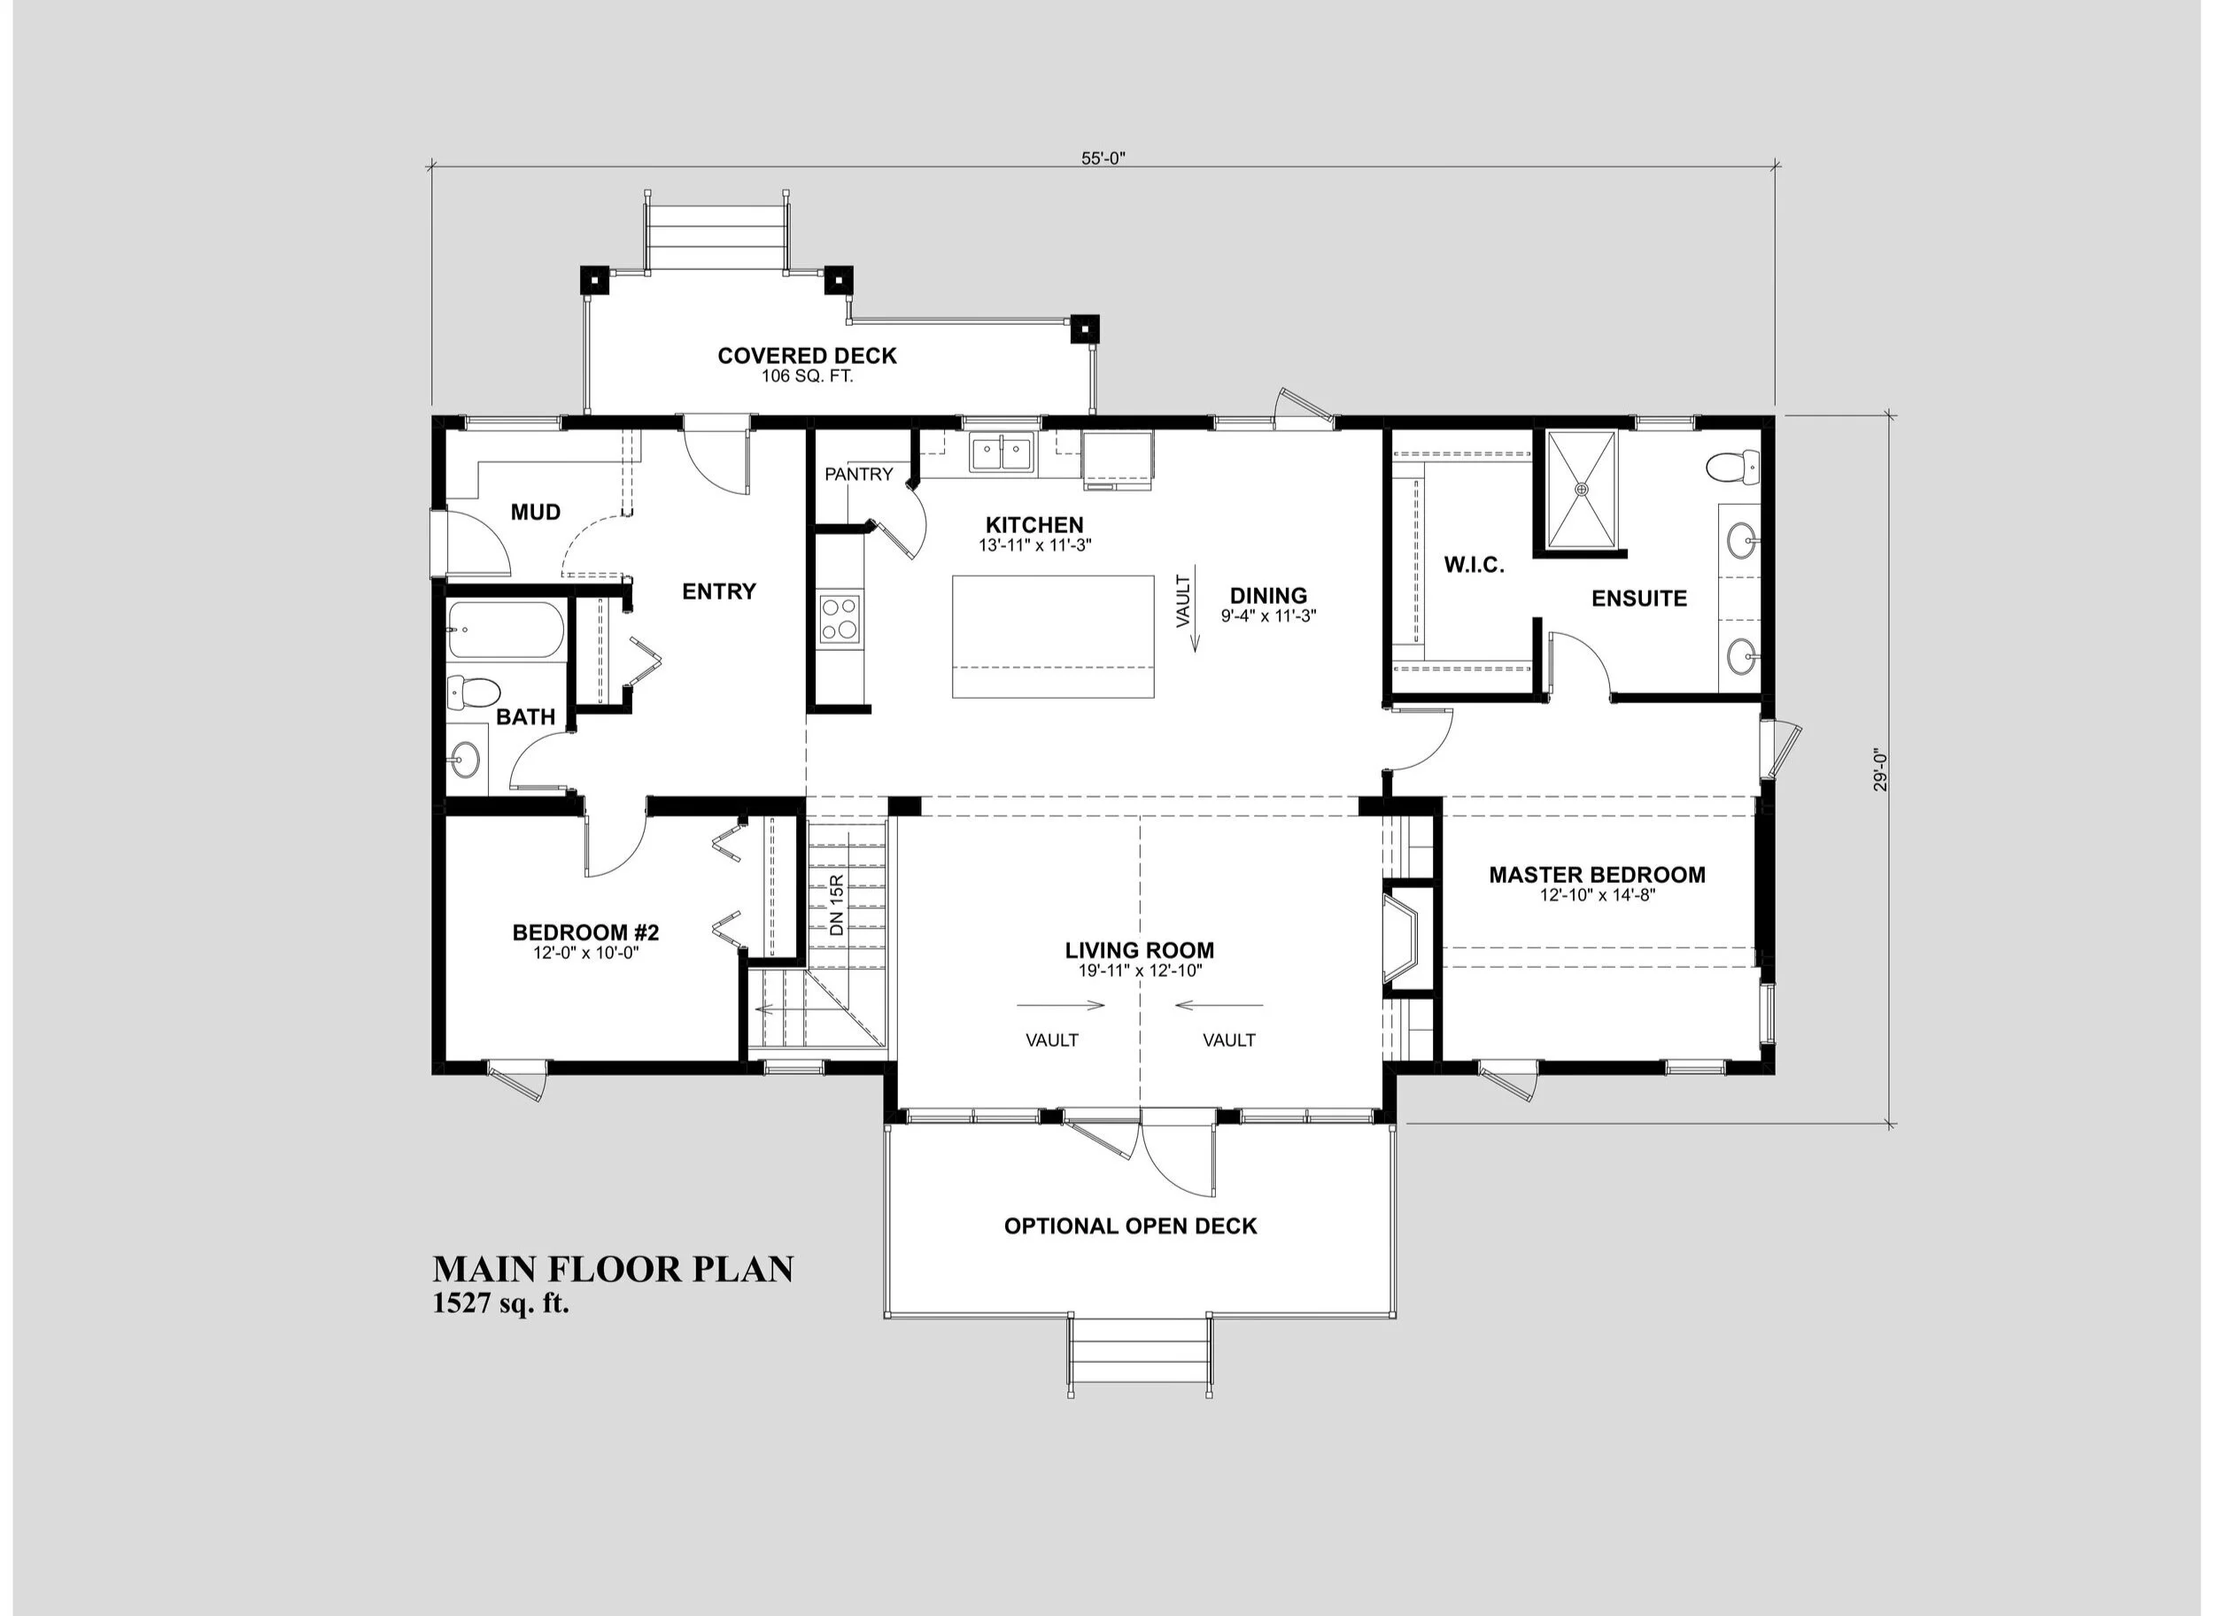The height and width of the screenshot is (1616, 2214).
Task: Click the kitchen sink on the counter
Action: [x=1002, y=455]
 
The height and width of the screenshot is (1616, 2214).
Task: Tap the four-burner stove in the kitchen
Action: [x=841, y=618]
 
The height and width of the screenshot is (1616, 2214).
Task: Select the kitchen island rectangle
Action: [x=1054, y=637]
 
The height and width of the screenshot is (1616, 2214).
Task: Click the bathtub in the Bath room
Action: [x=506, y=630]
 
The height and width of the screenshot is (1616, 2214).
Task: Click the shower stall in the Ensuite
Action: [x=1581, y=488]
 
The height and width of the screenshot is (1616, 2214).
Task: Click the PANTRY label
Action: [x=858, y=475]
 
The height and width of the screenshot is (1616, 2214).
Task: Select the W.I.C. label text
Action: [x=1474, y=566]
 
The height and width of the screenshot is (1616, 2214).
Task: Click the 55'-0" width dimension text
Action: [x=1103, y=159]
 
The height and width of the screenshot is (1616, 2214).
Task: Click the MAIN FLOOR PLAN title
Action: [x=614, y=1269]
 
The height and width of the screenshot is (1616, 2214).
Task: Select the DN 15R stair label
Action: [x=837, y=905]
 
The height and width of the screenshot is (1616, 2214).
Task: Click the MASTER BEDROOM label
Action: [x=1597, y=875]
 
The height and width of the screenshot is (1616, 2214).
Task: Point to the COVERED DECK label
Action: [x=807, y=356]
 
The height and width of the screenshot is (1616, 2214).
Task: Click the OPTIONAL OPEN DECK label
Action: [x=1130, y=1226]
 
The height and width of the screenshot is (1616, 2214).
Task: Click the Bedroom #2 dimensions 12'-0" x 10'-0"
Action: [x=586, y=953]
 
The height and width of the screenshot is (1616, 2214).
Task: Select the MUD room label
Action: [x=535, y=513]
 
